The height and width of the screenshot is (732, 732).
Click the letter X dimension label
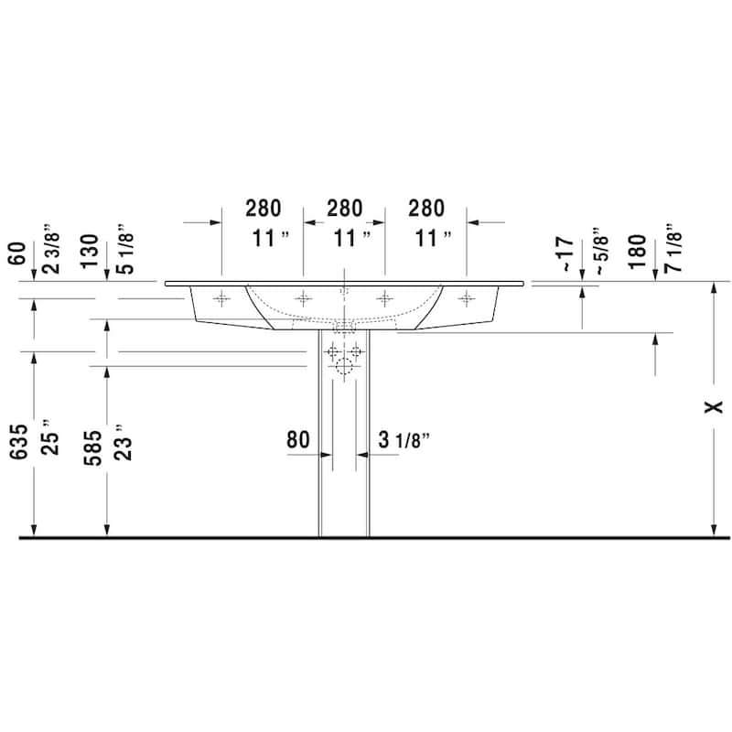715,406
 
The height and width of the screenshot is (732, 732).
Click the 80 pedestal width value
298,439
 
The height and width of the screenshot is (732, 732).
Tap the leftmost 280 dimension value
263,208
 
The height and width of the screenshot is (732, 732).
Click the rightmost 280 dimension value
426,208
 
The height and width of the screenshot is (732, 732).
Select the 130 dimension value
89,250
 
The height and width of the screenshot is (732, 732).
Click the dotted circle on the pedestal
344,369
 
